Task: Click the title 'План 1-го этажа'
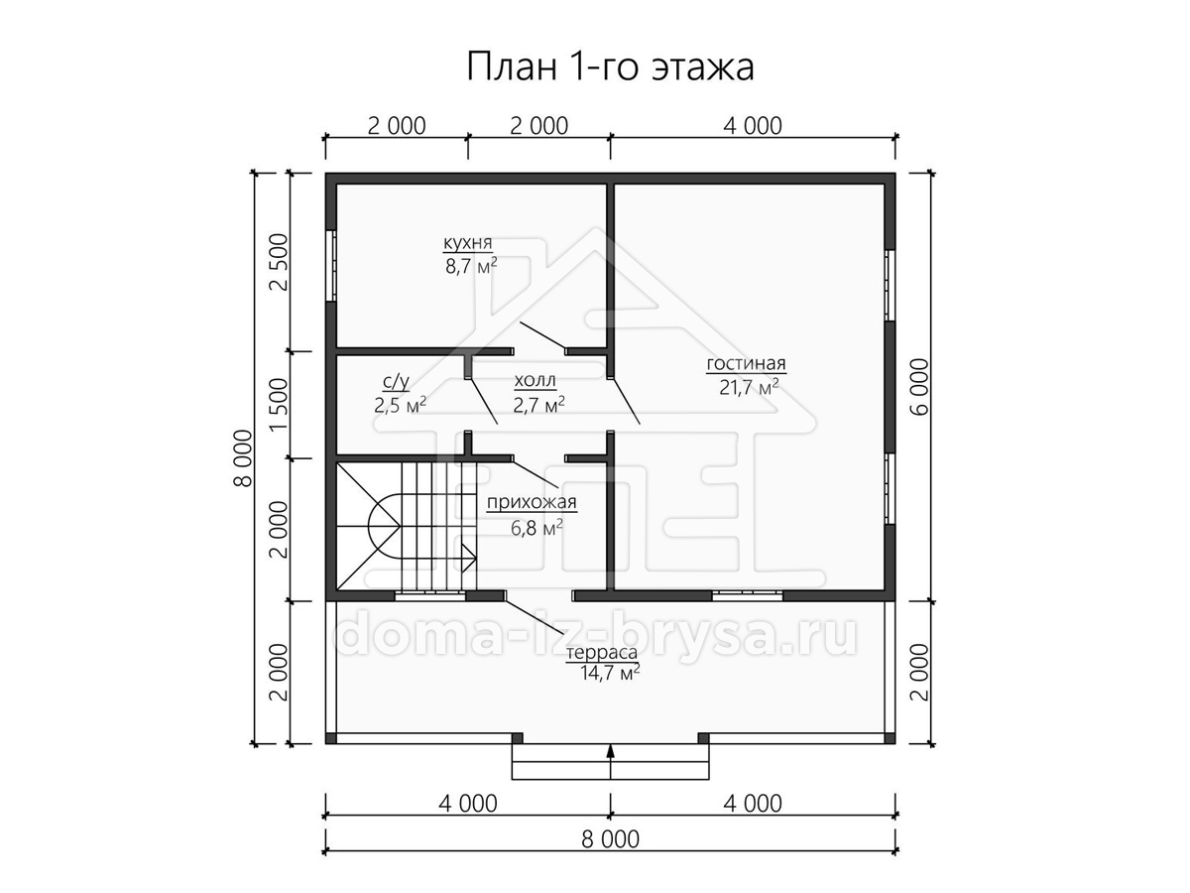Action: pyautogui.click(x=610, y=66)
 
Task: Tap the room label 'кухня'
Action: pyautogui.click(x=467, y=243)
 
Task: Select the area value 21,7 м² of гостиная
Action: pyautogui.click(x=749, y=387)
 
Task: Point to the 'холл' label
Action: pyautogui.click(x=535, y=381)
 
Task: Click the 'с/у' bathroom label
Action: pyautogui.click(x=396, y=382)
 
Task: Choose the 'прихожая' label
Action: pyautogui.click(x=532, y=502)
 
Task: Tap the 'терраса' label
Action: pyautogui.click(x=601, y=653)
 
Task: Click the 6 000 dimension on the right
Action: pyautogui.click(x=919, y=387)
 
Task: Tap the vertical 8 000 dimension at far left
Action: pyautogui.click(x=243, y=458)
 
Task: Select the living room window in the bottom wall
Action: pyautogui.click(x=747, y=596)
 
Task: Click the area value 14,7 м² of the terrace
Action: pyautogui.click(x=609, y=673)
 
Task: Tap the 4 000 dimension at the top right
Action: pyautogui.click(x=753, y=126)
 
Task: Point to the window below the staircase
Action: pyautogui.click(x=430, y=596)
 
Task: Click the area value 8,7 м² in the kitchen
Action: pyautogui.click(x=471, y=266)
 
